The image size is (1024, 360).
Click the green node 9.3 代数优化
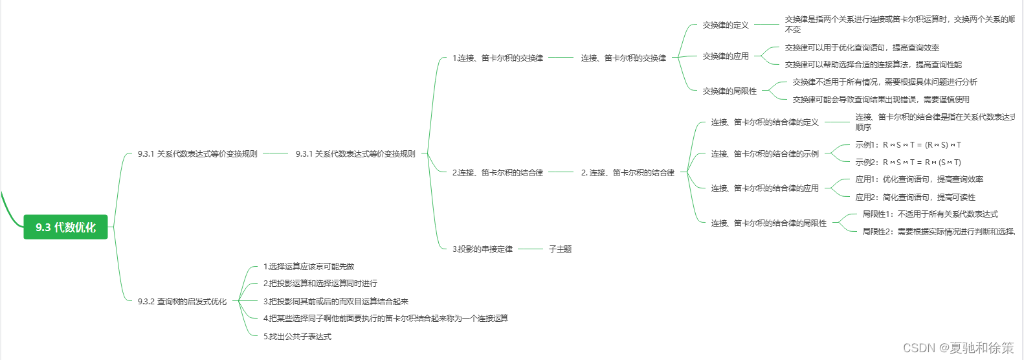tap(65, 227)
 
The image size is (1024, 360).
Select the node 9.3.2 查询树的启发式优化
tap(182, 301)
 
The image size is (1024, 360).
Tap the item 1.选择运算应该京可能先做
tap(309, 266)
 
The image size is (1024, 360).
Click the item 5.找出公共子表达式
tap(297, 336)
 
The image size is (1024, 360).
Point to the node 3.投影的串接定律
tap(482, 249)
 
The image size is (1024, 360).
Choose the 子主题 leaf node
tap(560, 249)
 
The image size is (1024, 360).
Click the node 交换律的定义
tap(726, 25)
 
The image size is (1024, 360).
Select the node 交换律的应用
tap(726, 56)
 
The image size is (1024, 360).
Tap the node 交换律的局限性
tap(729, 91)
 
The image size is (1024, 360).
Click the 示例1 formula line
tap(908, 145)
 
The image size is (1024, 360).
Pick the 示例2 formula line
tap(908, 163)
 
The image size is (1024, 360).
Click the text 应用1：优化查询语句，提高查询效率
tap(919, 179)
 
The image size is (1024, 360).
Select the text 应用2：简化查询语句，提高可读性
tap(915, 197)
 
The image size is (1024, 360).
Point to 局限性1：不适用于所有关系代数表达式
tap(930, 214)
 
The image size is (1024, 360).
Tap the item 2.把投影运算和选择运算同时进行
tap(320, 283)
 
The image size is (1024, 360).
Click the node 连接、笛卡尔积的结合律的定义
tap(764, 122)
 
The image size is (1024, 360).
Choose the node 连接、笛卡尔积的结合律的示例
tap(764, 154)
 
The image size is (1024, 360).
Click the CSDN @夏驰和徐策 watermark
tap(958, 348)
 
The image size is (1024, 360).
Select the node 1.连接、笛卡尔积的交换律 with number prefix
tap(498, 58)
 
